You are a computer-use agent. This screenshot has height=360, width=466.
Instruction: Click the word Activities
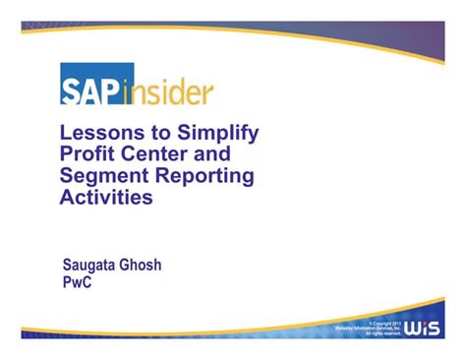pyautogui.click(x=107, y=198)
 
